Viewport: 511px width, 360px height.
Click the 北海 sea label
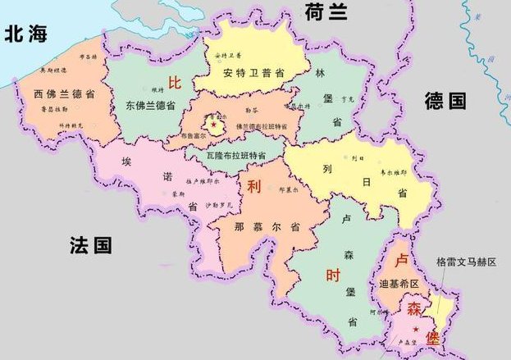(27, 34)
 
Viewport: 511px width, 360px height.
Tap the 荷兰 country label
(326, 12)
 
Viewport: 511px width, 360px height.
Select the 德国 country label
(445, 102)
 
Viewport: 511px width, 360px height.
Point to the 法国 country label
(90, 244)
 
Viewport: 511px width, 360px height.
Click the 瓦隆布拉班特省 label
(236, 155)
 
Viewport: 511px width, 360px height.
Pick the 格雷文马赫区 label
(468, 262)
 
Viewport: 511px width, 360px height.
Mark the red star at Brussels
(214, 125)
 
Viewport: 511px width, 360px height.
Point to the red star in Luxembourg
(416, 329)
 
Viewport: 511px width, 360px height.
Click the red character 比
(174, 83)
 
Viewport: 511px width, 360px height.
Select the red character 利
(253, 185)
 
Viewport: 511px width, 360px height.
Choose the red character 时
(332, 276)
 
